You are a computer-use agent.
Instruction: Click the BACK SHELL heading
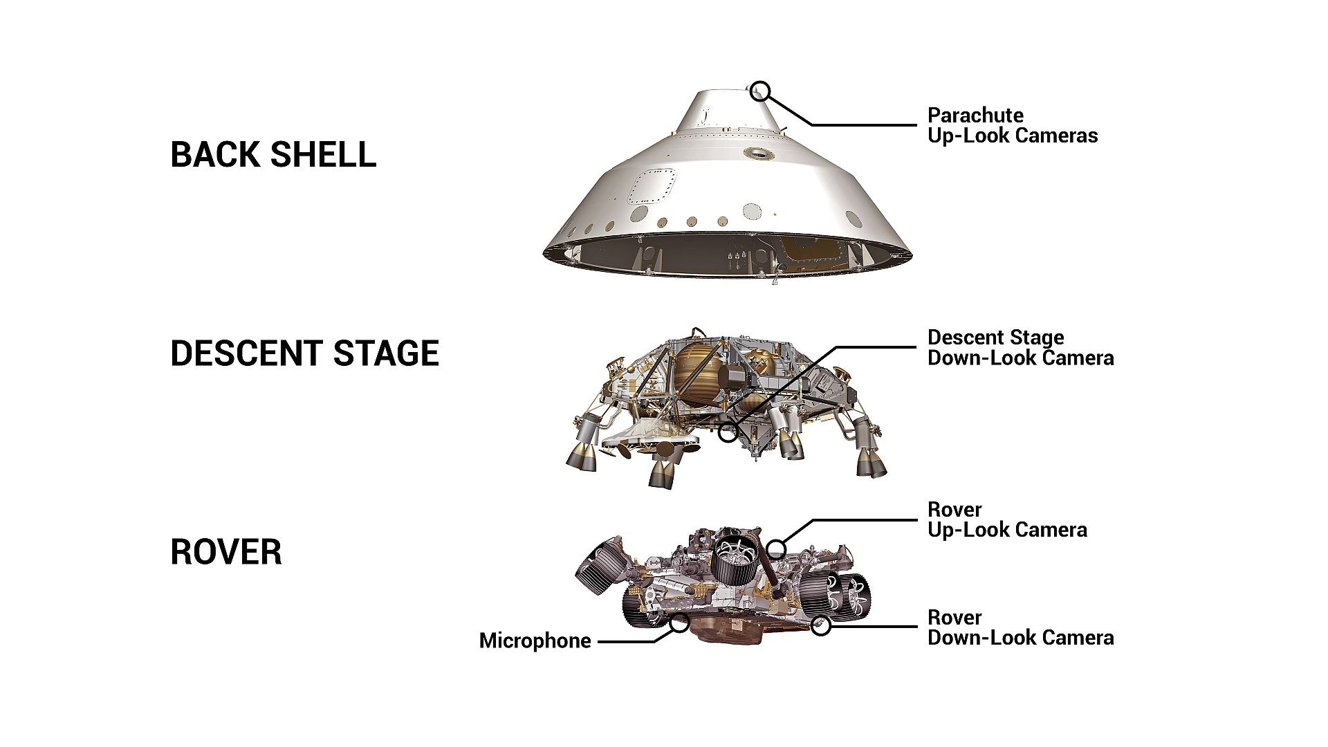pos(273,154)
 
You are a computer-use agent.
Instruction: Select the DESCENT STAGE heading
pos(304,353)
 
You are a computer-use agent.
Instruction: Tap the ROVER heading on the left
pos(226,553)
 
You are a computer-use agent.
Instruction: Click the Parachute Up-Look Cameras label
pos(1012,125)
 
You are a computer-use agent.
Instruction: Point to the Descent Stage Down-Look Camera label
pos(1020,348)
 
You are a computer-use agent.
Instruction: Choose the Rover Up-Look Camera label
pos(1006,520)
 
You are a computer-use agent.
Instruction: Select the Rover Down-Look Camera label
pos(1020,627)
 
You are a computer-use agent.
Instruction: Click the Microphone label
pos(535,641)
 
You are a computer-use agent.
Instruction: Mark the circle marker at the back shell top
pos(759,91)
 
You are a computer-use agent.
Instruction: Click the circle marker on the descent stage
pos(728,434)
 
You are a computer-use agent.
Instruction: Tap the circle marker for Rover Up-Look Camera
pos(776,550)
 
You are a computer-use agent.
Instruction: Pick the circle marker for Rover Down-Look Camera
pos(821,627)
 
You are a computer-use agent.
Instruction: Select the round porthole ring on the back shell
pos(758,154)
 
